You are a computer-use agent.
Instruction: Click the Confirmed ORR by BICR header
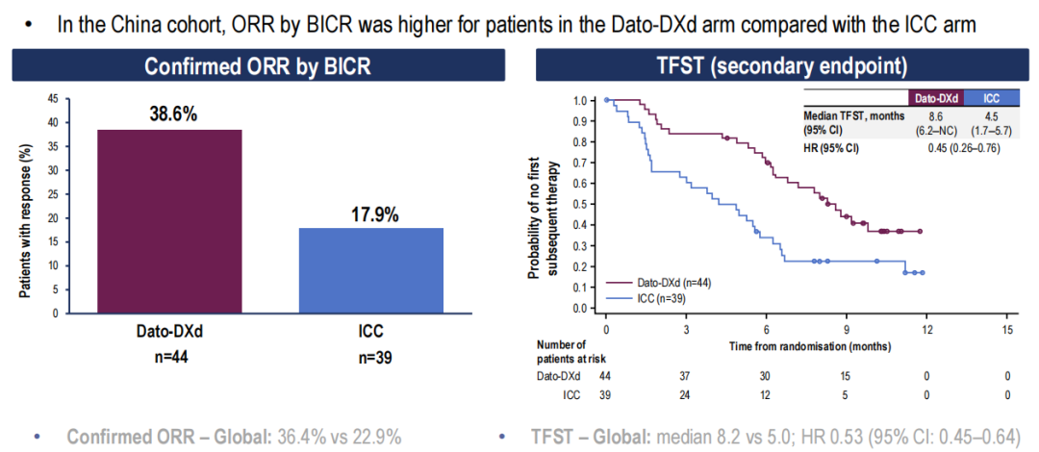[257, 66]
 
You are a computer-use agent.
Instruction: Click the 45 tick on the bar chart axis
[52, 99]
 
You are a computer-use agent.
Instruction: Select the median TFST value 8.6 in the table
[932, 115]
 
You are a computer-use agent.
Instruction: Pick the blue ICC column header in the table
[984, 98]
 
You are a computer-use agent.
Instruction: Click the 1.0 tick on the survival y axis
[579, 100]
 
